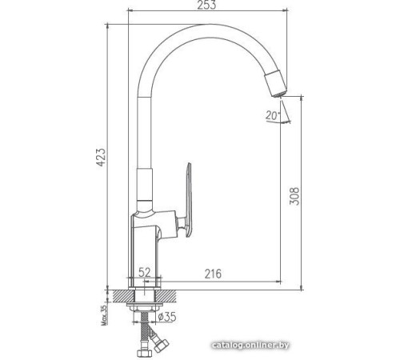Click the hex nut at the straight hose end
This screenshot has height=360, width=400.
(x=144, y=350)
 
